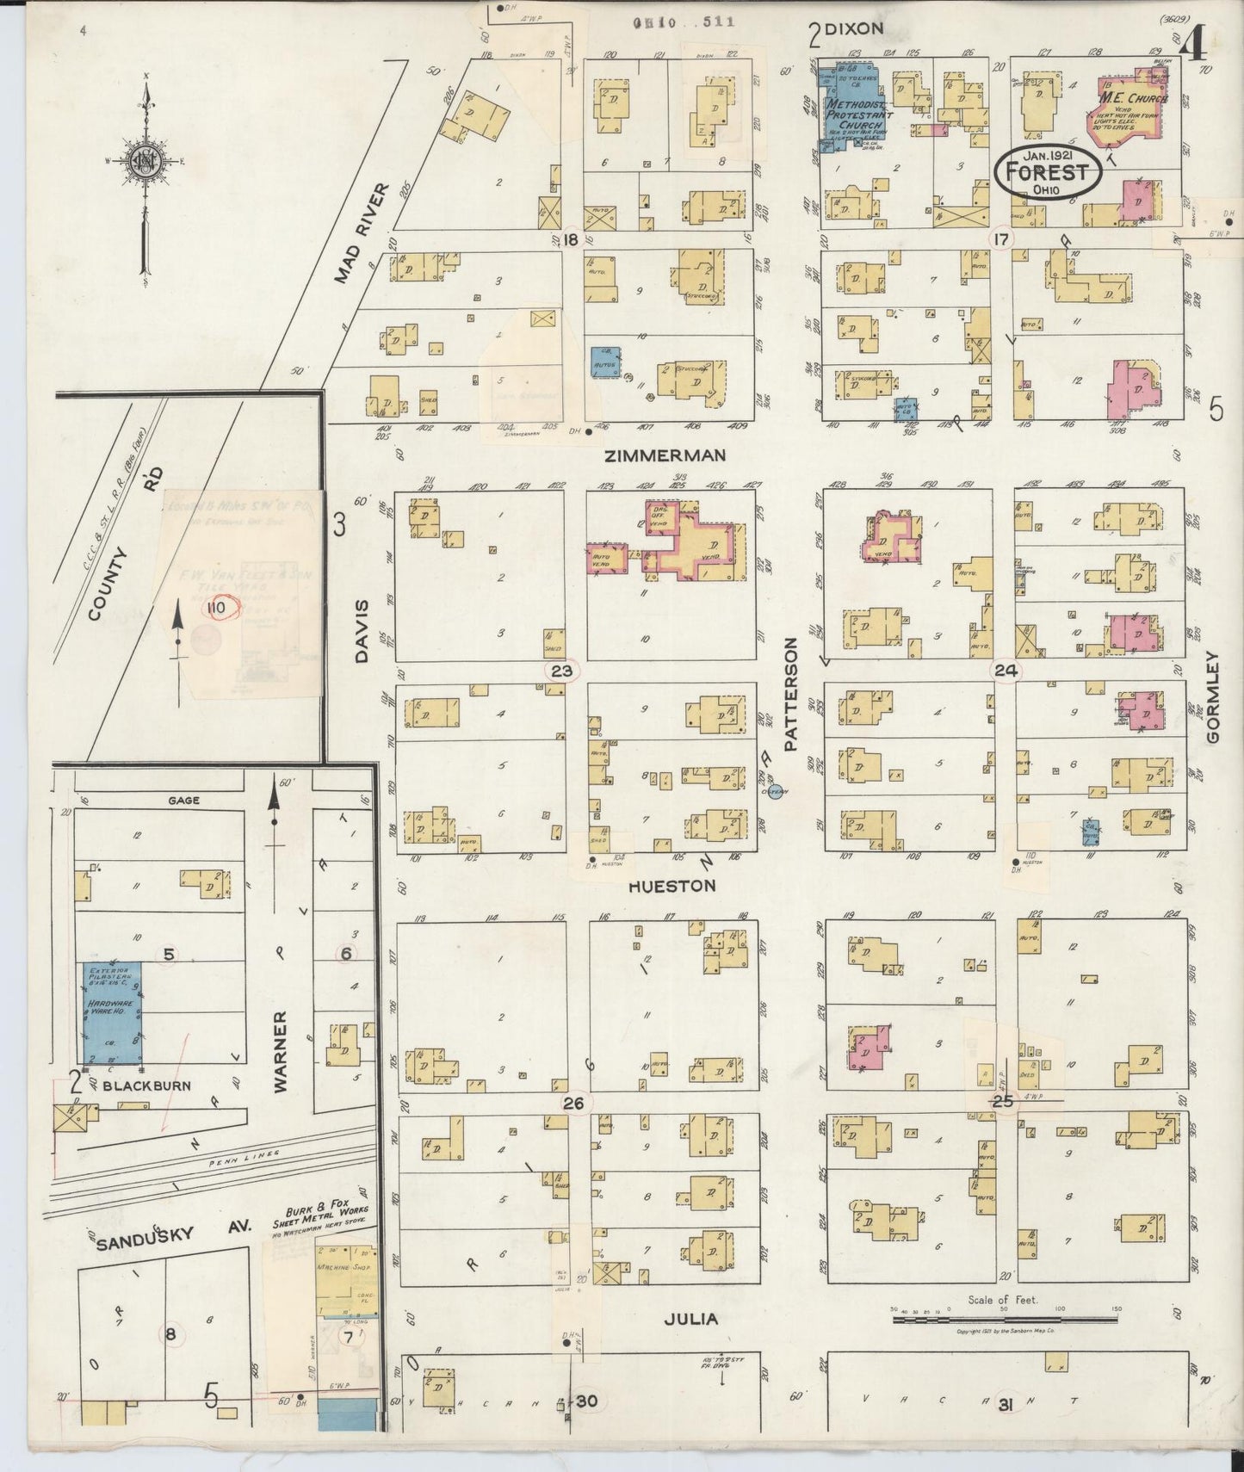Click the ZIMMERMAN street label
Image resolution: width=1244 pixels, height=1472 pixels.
[677, 455]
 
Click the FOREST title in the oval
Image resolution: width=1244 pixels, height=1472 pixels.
[1047, 172]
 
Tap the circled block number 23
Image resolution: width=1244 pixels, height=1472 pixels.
[561, 671]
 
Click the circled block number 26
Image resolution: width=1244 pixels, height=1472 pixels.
[573, 1103]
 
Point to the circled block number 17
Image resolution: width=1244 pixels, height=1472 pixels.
[1000, 239]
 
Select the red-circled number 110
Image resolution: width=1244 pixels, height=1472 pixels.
[215, 608]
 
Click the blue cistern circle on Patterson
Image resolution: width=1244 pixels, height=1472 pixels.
[774, 792]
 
